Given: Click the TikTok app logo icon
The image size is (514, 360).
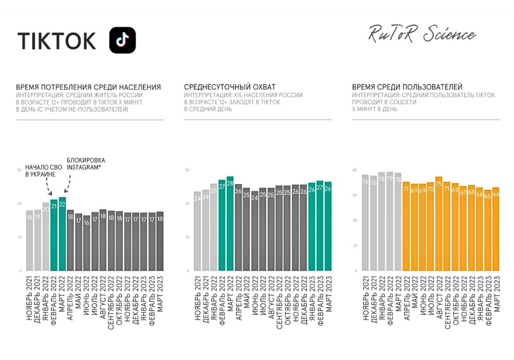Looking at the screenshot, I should point(122,40).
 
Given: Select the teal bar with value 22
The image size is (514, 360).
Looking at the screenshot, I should point(62,234).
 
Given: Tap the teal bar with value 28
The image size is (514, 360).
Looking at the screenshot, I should point(230,224).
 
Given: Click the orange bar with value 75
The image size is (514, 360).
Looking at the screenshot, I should point(438,224).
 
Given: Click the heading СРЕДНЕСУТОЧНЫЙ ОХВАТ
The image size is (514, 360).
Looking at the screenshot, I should point(230,87).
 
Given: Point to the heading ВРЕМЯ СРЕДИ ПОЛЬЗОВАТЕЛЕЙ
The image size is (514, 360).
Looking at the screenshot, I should point(407,87).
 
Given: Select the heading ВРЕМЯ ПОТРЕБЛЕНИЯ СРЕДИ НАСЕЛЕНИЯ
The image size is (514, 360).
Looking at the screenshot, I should point(88,87).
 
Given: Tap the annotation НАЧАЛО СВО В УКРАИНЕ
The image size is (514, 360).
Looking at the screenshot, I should point(41,171).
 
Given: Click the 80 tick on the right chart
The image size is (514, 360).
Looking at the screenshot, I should point(355,170).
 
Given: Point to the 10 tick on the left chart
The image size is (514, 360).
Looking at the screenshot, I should point(20,237).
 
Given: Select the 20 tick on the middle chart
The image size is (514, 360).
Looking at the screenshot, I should point(188,204).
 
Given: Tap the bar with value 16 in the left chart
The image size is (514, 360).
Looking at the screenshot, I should point(87,243).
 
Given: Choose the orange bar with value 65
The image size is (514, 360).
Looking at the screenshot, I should point(488,230).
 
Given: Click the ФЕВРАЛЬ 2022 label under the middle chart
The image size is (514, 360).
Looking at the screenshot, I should point(222,300).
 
